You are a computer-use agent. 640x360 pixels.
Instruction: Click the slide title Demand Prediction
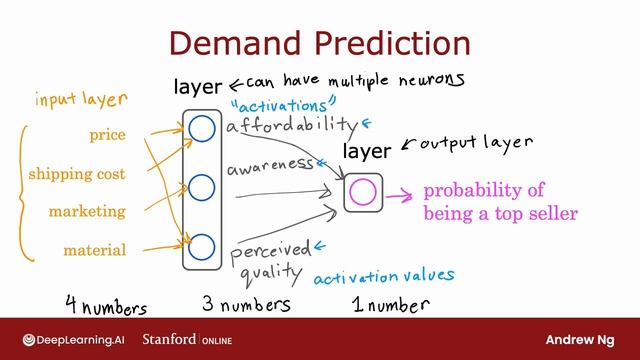(x=319, y=43)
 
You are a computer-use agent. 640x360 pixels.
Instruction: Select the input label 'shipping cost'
(x=76, y=174)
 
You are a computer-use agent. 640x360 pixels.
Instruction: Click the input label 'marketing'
(x=87, y=212)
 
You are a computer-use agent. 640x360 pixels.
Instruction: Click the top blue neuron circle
(x=201, y=128)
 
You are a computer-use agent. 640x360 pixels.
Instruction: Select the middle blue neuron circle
(x=201, y=187)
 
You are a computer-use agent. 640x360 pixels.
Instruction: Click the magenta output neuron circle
(x=363, y=190)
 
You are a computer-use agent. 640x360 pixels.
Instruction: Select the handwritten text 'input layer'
(x=81, y=99)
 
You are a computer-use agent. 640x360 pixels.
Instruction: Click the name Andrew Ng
(x=584, y=339)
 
